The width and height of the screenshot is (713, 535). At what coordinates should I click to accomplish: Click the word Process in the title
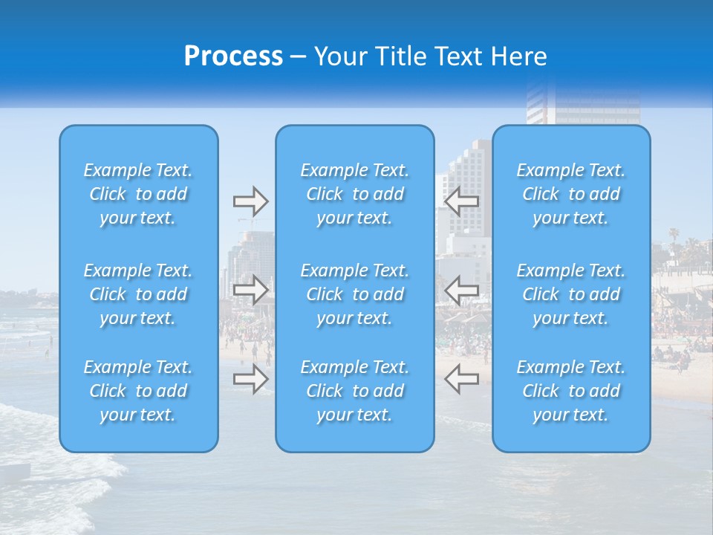(233, 56)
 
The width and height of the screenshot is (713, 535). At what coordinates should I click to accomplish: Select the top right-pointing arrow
(250, 201)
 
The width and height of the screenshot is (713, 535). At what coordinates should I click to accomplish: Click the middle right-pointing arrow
(250, 290)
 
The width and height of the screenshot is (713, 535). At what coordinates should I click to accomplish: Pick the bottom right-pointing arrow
(250, 378)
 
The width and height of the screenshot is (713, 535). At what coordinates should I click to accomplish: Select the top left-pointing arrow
(461, 201)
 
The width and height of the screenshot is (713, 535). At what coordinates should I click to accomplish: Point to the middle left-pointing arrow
(461, 290)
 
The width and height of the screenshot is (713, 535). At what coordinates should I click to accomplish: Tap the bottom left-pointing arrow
(461, 378)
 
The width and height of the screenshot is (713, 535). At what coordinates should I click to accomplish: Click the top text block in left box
(138, 194)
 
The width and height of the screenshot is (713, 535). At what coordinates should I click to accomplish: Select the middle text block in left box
(138, 294)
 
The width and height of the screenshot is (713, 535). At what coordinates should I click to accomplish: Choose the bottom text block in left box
(138, 391)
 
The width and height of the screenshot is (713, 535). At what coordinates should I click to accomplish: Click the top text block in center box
(355, 194)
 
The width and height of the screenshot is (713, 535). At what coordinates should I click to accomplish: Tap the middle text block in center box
(355, 294)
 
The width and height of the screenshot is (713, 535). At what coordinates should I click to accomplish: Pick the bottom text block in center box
(355, 391)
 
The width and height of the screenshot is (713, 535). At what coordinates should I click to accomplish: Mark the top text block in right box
(571, 194)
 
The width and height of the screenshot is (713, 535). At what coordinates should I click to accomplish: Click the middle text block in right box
(571, 294)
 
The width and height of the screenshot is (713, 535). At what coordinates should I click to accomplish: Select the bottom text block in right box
(571, 391)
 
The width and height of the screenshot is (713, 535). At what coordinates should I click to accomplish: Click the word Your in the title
(339, 56)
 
